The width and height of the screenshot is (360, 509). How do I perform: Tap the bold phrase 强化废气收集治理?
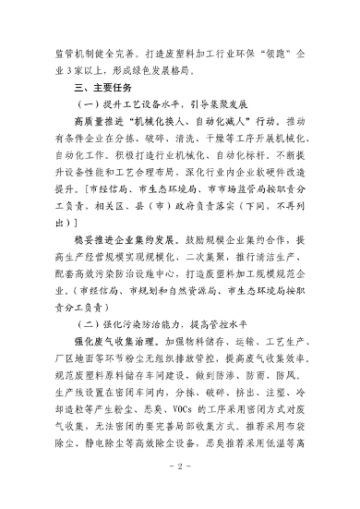[115, 345]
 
